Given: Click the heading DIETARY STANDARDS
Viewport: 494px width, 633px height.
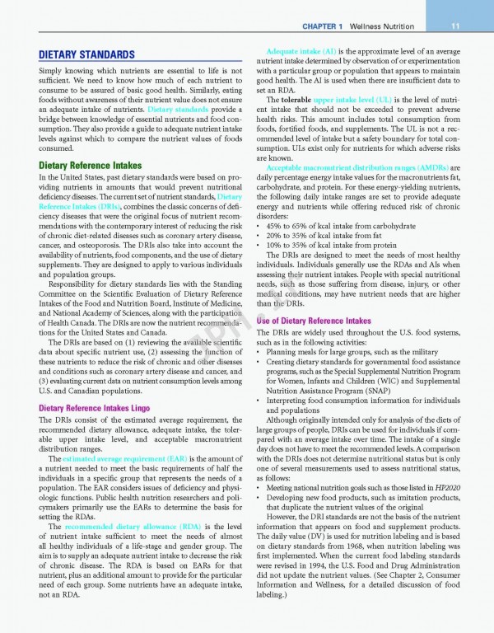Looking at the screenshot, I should tap(86, 54).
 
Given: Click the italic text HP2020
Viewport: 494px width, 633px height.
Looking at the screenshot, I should tap(436, 490).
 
